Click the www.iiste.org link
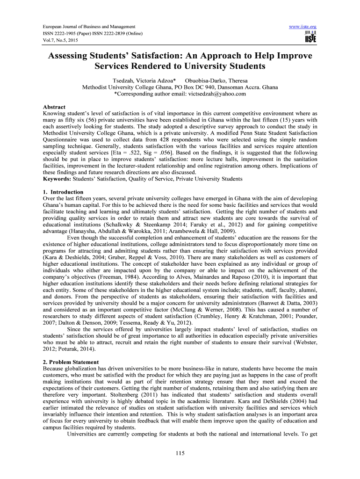point(303,26)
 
